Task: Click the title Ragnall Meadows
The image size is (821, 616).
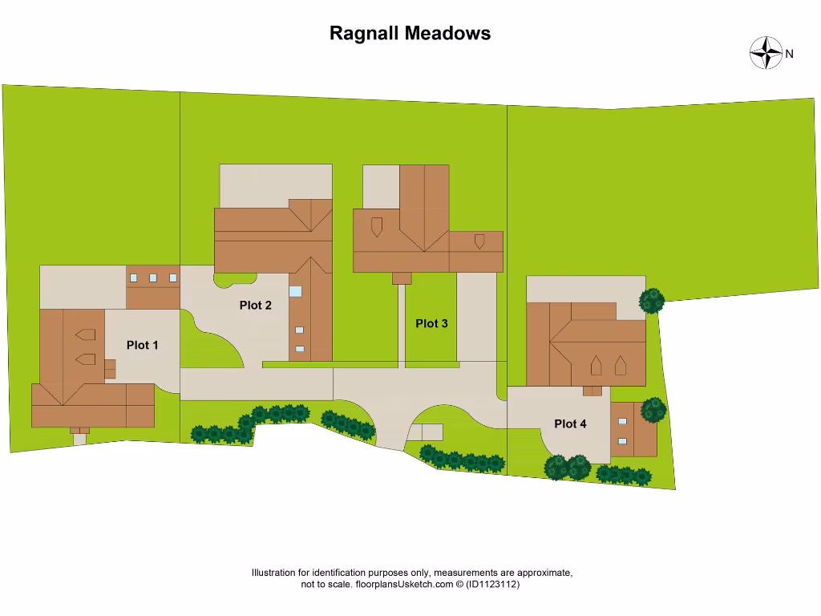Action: [410, 34]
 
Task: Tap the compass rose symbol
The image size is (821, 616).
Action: [766, 53]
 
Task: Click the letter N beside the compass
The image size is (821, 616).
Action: [790, 55]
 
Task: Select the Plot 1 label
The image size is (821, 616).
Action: [143, 345]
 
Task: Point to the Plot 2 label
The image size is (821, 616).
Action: [256, 305]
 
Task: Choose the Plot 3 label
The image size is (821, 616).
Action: [431, 324]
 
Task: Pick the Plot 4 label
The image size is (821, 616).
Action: [570, 423]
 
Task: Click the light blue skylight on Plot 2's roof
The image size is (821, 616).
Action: [296, 291]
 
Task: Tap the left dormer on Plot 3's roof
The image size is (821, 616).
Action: [376, 226]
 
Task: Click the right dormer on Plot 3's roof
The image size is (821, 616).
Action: [479, 241]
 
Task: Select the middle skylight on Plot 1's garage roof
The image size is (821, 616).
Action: [153, 278]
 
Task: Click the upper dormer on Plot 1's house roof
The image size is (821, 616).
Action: [85, 334]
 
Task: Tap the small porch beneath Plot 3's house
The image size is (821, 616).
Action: [402, 278]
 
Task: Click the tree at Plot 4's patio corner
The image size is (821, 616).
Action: [652, 301]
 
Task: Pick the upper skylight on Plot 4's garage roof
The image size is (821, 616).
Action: [622, 421]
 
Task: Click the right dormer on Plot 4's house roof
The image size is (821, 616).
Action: [620, 367]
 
